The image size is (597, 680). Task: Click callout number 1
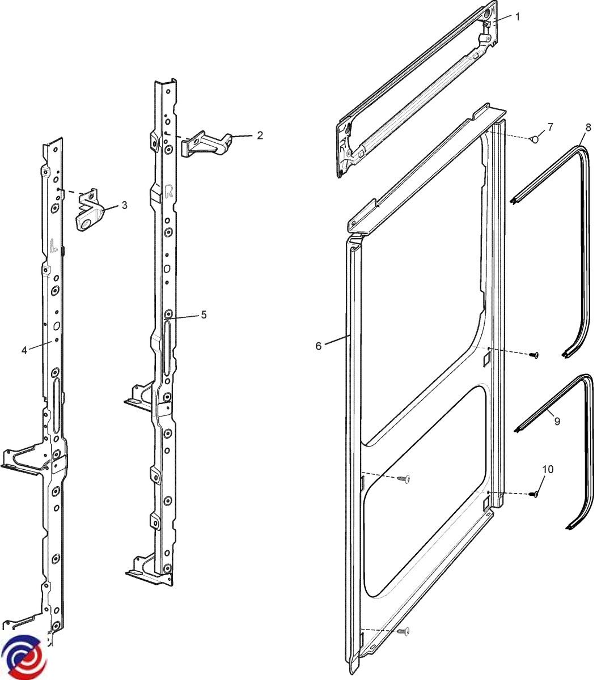click(x=517, y=17)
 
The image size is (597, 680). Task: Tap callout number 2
click(x=260, y=135)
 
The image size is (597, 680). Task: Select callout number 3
click(x=124, y=205)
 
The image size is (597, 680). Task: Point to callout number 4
click(x=24, y=350)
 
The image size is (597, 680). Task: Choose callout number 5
click(x=204, y=315)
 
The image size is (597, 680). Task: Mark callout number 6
click(x=319, y=346)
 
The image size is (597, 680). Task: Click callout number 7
click(x=550, y=126)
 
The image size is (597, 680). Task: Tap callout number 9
click(x=557, y=421)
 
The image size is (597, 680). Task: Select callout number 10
click(x=548, y=470)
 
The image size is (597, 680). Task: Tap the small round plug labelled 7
click(x=534, y=139)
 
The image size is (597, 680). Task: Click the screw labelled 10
click(x=533, y=494)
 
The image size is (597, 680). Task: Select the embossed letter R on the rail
click(x=168, y=192)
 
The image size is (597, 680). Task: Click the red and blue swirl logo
click(x=24, y=657)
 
